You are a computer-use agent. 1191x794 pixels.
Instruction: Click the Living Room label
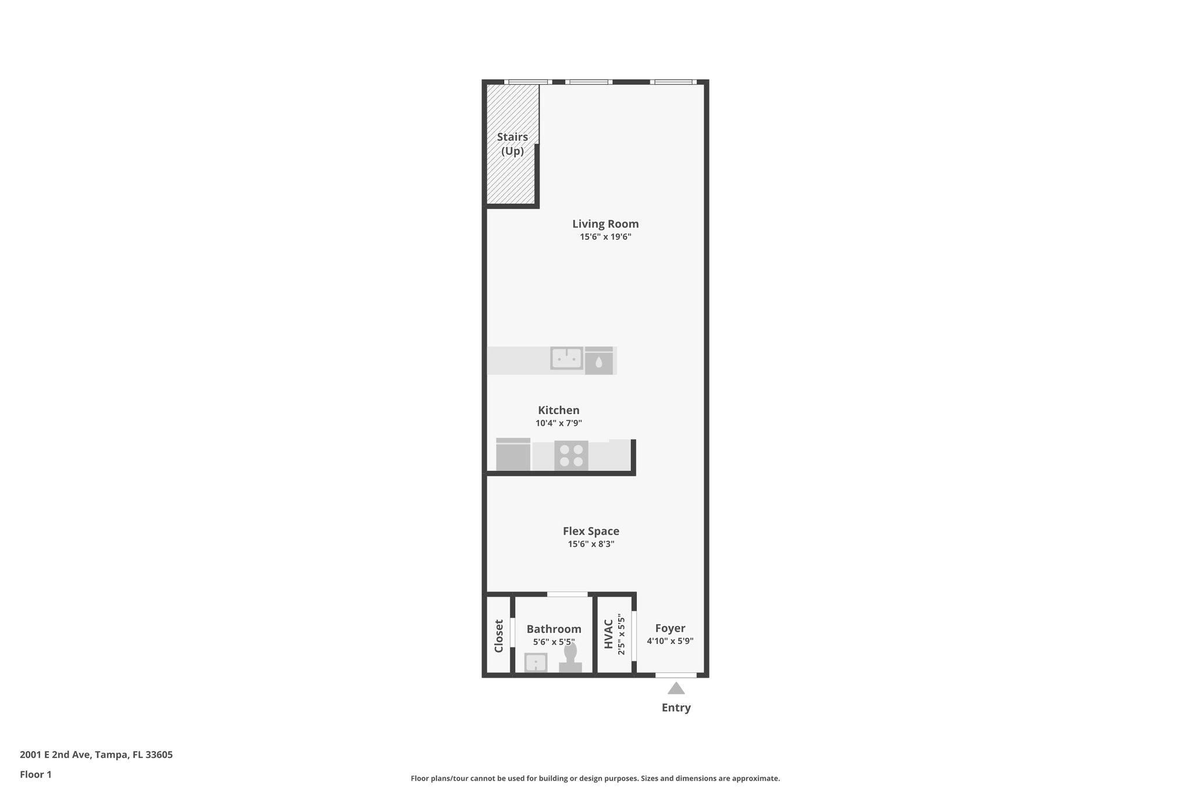605,224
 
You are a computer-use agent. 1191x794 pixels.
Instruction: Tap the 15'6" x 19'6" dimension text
605,237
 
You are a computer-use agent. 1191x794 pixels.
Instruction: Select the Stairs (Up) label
512,144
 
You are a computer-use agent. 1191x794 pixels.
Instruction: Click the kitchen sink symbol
566,358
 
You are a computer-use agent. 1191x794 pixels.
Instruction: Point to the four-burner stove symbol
571,455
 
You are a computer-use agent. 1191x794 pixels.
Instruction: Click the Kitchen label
558,410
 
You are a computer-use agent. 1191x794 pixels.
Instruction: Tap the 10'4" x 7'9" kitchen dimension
558,423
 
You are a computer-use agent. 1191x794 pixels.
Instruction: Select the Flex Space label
591,531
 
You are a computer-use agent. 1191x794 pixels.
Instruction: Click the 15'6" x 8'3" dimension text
591,544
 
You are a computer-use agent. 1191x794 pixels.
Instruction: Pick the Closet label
499,636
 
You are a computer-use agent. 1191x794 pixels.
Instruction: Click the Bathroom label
554,629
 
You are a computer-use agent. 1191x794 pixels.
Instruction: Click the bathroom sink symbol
536,663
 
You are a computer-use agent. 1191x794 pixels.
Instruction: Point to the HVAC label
608,634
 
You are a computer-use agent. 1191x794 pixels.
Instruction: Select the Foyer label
670,628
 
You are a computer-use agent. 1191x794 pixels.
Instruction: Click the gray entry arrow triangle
676,689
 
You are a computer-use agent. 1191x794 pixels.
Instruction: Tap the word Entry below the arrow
676,708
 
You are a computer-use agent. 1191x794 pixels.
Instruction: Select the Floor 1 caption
35,775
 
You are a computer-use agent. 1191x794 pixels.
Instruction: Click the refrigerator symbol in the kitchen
513,455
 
